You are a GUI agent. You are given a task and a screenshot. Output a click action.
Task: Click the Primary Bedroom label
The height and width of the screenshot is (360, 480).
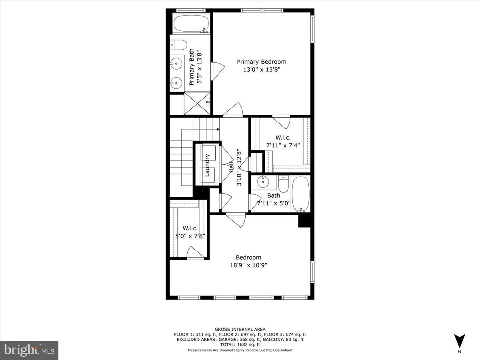pos(262,62)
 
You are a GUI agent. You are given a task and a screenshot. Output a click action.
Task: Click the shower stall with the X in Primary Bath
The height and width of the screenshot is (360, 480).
pos(197,104)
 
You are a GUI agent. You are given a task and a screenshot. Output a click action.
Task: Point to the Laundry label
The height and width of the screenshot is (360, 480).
pos(207,165)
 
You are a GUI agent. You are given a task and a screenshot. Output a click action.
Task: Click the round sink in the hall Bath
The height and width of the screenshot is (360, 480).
pos(263,182)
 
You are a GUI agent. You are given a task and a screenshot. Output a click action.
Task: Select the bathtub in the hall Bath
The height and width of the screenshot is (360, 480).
pos(300,194)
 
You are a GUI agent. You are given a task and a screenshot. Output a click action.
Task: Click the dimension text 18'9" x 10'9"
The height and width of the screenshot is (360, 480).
pos(248,265)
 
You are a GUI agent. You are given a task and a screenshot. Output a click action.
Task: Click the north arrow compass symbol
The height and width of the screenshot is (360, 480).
pos(460,341)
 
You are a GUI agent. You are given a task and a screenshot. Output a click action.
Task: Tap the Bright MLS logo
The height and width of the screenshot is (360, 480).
pos(29,350)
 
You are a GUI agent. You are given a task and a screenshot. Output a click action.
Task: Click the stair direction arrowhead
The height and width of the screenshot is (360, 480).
pos(218,129)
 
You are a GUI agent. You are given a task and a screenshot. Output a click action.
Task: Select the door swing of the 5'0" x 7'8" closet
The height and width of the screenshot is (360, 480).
pos(194,253)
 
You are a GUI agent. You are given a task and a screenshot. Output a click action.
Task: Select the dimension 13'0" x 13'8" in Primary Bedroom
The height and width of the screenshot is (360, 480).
pos(262,70)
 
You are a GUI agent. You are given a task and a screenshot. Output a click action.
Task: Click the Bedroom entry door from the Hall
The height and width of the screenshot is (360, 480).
pos(236,220)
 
